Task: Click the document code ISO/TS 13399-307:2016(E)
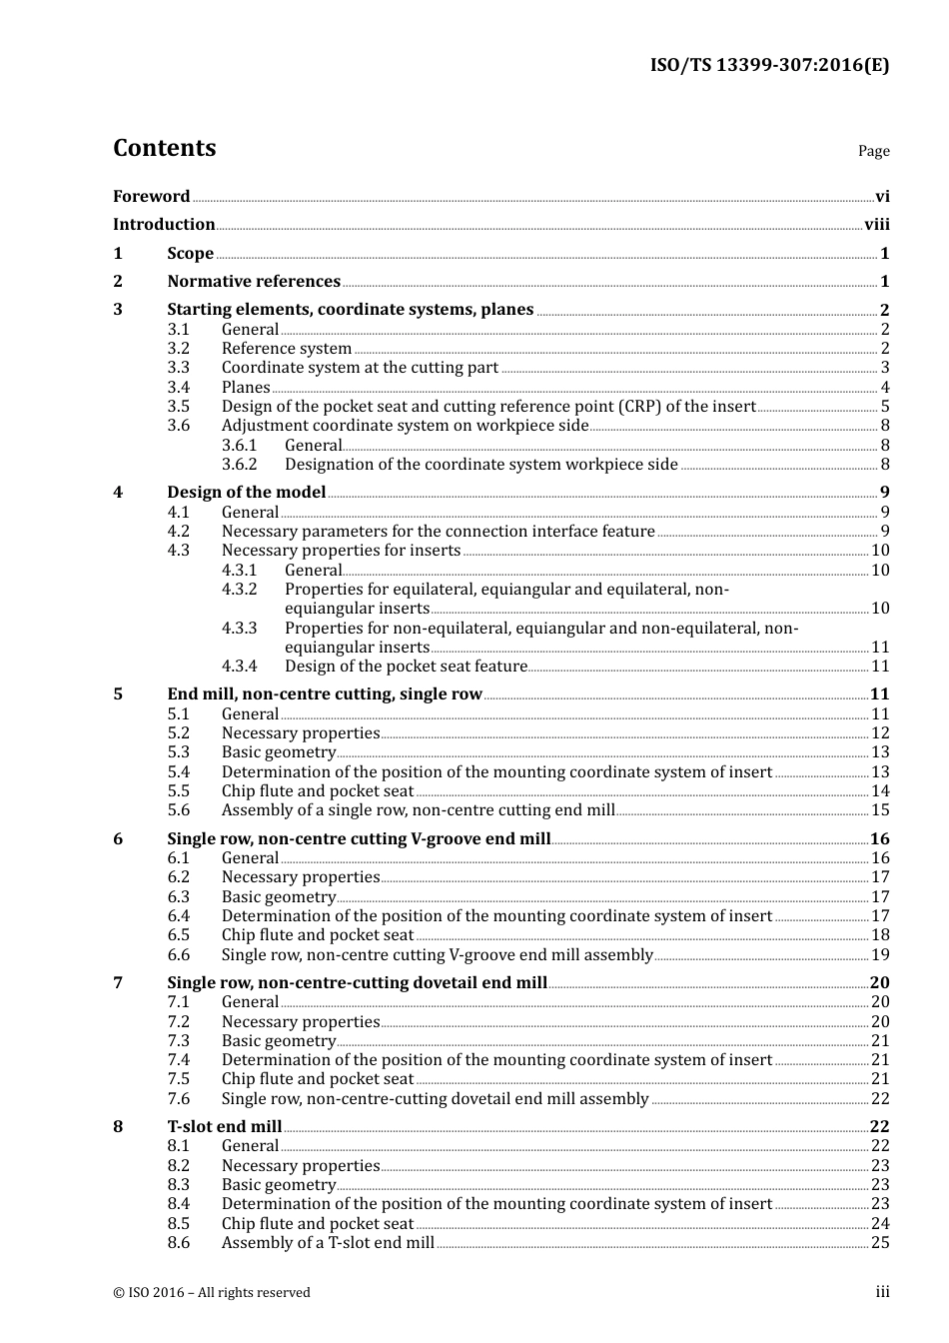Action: tap(769, 66)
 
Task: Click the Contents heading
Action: tap(164, 148)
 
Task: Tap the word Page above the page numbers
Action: tap(873, 151)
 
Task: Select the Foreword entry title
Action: tap(151, 197)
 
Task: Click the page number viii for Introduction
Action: tap(876, 225)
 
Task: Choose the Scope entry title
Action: tap(190, 254)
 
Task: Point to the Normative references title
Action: tap(254, 282)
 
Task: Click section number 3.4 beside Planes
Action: tap(178, 388)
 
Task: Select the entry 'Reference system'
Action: tap(287, 349)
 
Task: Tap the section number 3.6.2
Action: tap(239, 465)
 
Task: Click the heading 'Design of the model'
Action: tap(247, 493)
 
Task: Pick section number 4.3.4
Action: tap(239, 667)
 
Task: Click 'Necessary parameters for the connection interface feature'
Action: tap(438, 532)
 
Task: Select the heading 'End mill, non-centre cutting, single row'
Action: tap(325, 694)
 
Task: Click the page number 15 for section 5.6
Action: tap(880, 810)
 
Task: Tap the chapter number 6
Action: tap(118, 839)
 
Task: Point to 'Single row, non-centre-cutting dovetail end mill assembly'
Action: tap(435, 1099)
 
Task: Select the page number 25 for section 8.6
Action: tap(880, 1243)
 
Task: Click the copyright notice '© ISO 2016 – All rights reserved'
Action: tap(212, 1293)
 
